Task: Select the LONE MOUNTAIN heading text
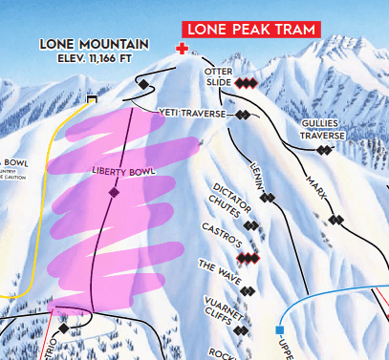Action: [94, 44]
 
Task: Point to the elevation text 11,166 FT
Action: [94, 59]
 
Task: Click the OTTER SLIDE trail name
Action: [219, 77]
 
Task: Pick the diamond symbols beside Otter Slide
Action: [248, 83]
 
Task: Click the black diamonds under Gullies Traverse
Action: [327, 150]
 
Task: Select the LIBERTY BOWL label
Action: [121, 171]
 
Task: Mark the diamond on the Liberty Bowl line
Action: [114, 193]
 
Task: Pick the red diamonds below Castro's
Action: [249, 258]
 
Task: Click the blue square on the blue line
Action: [280, 330]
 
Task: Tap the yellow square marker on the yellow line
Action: [92, 98]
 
